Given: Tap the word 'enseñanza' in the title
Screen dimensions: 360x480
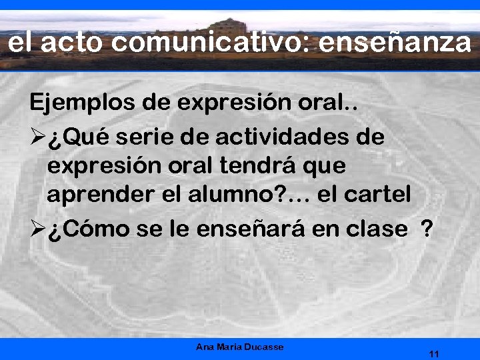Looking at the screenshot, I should click(x=395, y=43).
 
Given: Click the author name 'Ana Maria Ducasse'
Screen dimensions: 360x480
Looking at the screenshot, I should click(x=240, y=347).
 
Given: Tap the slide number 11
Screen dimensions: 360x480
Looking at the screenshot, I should click(x=435, y=353).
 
